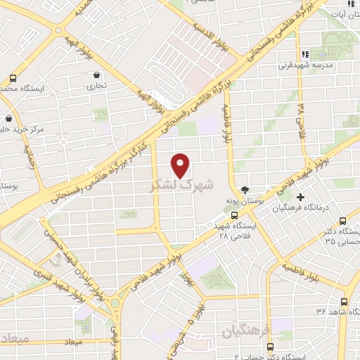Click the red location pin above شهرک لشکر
[x=181, y=164]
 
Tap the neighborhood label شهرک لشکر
[x=180, y=186]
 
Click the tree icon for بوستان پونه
[x=245, y=189]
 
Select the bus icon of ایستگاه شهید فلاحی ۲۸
[x=234, y=216]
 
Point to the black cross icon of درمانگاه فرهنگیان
[x=300, y=197]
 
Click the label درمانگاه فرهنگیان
[x=288, y=208]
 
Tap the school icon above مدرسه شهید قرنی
[x=304, y=54]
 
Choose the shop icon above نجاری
[x=96, y=75]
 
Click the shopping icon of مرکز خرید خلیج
[x=8, y=118]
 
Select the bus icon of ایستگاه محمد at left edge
[x=13, y=79]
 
